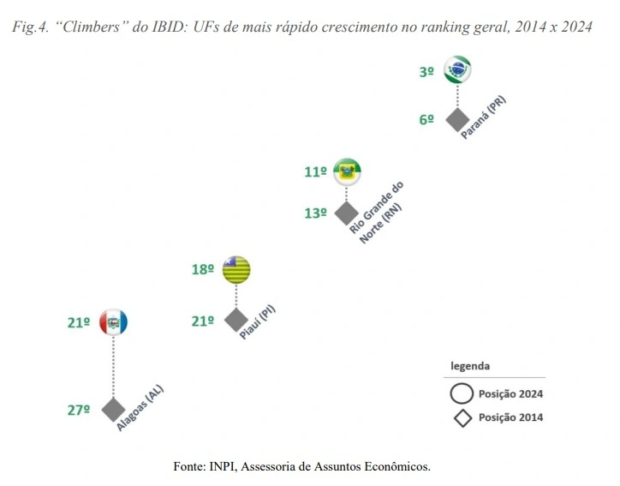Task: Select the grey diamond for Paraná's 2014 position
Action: (x=457, y=119)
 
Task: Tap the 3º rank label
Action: (x=426, y=72)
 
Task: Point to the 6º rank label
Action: (x=426, y=120)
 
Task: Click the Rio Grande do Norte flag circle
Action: (x=347, y=171)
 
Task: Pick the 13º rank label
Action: (x=315, y=213)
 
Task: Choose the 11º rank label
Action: (x=315, y=172)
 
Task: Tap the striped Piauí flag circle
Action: (x=235, y=269)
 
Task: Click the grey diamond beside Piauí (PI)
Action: (x=235, y=320)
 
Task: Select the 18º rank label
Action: (x=203, y=270)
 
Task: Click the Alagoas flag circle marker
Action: (x=113, y=322)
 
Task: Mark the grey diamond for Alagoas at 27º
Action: (x=113, y=410)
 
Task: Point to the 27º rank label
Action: (x=79, y=411)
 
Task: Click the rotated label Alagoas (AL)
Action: (x=140, y=407)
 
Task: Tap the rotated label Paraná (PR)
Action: (x=484, y=117)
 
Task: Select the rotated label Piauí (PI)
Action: (x=258, y=322)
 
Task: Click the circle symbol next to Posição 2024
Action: (x=462, y=394)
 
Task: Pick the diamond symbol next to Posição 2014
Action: (x=462, y=418)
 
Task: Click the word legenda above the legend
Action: (x=471, y=366)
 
